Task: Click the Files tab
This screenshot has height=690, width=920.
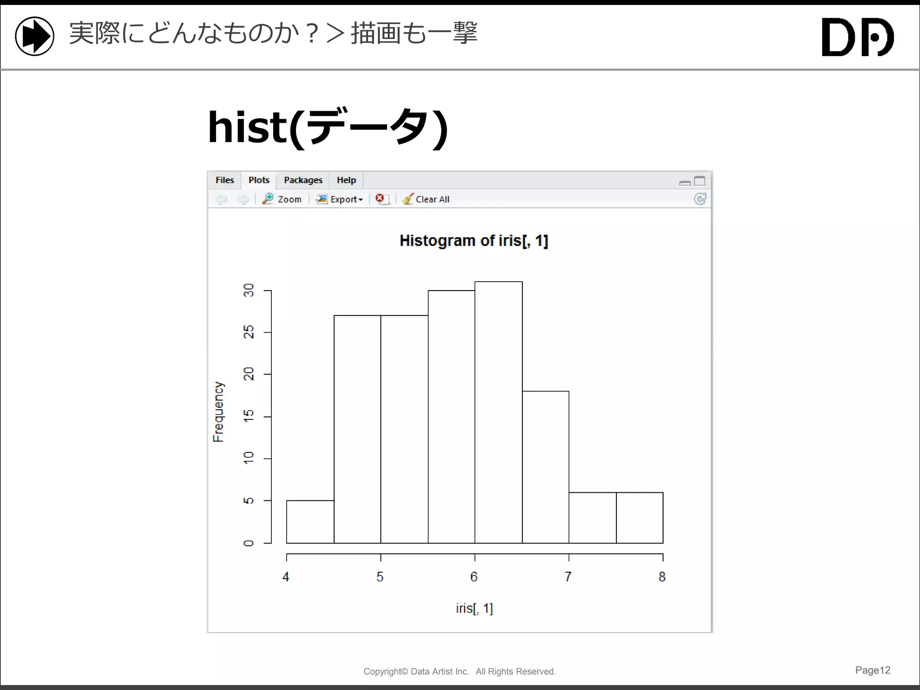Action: [225, 180]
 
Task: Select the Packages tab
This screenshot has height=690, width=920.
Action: [303, 180]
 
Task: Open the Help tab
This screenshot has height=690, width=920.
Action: [346, 180]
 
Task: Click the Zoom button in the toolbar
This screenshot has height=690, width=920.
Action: [282, 199]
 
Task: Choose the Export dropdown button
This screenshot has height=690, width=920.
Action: [340, 199]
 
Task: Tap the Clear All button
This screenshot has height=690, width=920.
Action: [426, 199]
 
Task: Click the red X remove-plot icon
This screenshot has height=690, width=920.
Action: [380, 199]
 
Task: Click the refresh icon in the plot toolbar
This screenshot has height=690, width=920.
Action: [700, 199]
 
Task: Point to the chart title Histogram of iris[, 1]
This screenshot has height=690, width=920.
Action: [473, 241]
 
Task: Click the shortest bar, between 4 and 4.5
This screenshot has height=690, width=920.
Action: [310, 522]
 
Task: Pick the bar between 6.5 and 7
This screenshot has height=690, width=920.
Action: [545, 467]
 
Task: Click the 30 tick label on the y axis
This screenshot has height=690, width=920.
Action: [248, 291]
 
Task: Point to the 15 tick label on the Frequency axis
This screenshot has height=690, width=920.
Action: [248, 416]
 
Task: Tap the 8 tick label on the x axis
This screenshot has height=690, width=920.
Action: [662, 577]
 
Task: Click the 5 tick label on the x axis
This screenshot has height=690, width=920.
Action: [380, 577]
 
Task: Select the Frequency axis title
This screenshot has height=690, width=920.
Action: [218, 411]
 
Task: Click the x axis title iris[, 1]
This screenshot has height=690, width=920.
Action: [474, 608]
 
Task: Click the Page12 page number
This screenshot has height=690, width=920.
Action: [872, 670]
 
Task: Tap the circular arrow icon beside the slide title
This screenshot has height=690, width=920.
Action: [35, 36]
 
